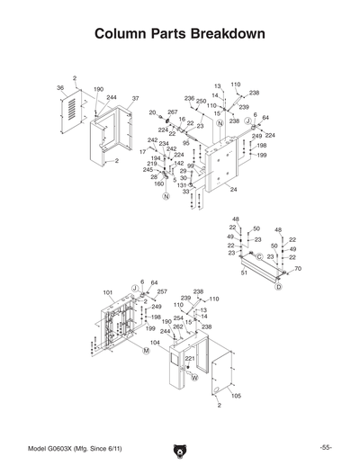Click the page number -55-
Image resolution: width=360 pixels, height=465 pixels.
[x=325, y=448]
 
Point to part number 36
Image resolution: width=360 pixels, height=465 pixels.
[x=60, y=88]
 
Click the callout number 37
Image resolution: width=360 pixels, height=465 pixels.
[x=135, y=98]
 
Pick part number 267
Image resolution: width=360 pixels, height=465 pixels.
[x=173, y=112]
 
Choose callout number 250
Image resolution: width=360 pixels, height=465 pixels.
[x=202, y=102]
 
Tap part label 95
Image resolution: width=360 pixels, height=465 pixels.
[x=186, y=142]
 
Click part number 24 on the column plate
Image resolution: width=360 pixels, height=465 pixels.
[x=233, y=190]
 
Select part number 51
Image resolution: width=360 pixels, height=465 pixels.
[x=244, y=273]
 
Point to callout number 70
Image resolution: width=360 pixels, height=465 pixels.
[x=298, y=268]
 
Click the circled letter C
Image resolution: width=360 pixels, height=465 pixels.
[x=259, y=257]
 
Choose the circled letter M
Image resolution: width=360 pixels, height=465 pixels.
[x=146, y=352]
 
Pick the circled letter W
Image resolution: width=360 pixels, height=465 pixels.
[x=193, y=379]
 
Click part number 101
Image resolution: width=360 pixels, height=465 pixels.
[x=108, y=293]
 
